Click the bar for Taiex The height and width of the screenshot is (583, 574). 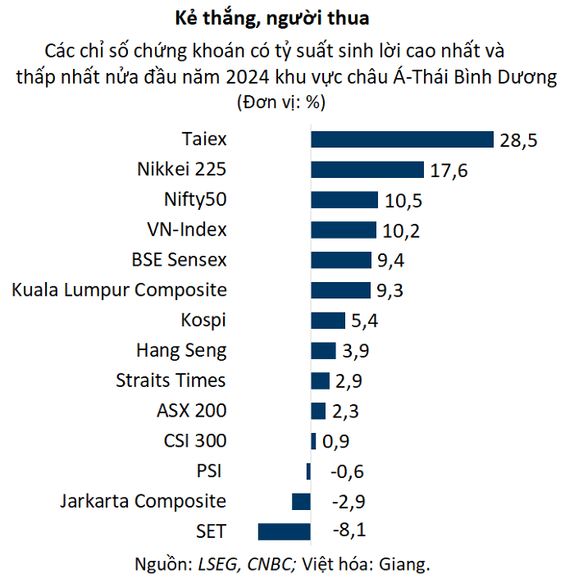(x=402, y=140)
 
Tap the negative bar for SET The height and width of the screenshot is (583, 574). (x=284, y=531)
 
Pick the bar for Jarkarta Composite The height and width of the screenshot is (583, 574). (x=301, y=501)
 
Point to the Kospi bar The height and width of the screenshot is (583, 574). (x=328, y=321)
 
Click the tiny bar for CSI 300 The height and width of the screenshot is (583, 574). (x=313, y=441)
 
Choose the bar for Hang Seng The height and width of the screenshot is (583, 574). (x=323, y=351)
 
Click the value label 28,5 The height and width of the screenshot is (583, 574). (x=518, y=140)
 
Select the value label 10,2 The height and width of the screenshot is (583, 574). (x=401, y=230)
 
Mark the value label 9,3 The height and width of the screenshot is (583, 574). (x=389, y=290)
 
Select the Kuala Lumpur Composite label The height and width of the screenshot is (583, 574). (x=120, y=290)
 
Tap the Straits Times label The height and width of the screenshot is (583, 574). (x=171, y=380)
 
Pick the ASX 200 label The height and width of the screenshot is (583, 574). (x=191, y=411)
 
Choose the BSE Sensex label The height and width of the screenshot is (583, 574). (x=179, y=260)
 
